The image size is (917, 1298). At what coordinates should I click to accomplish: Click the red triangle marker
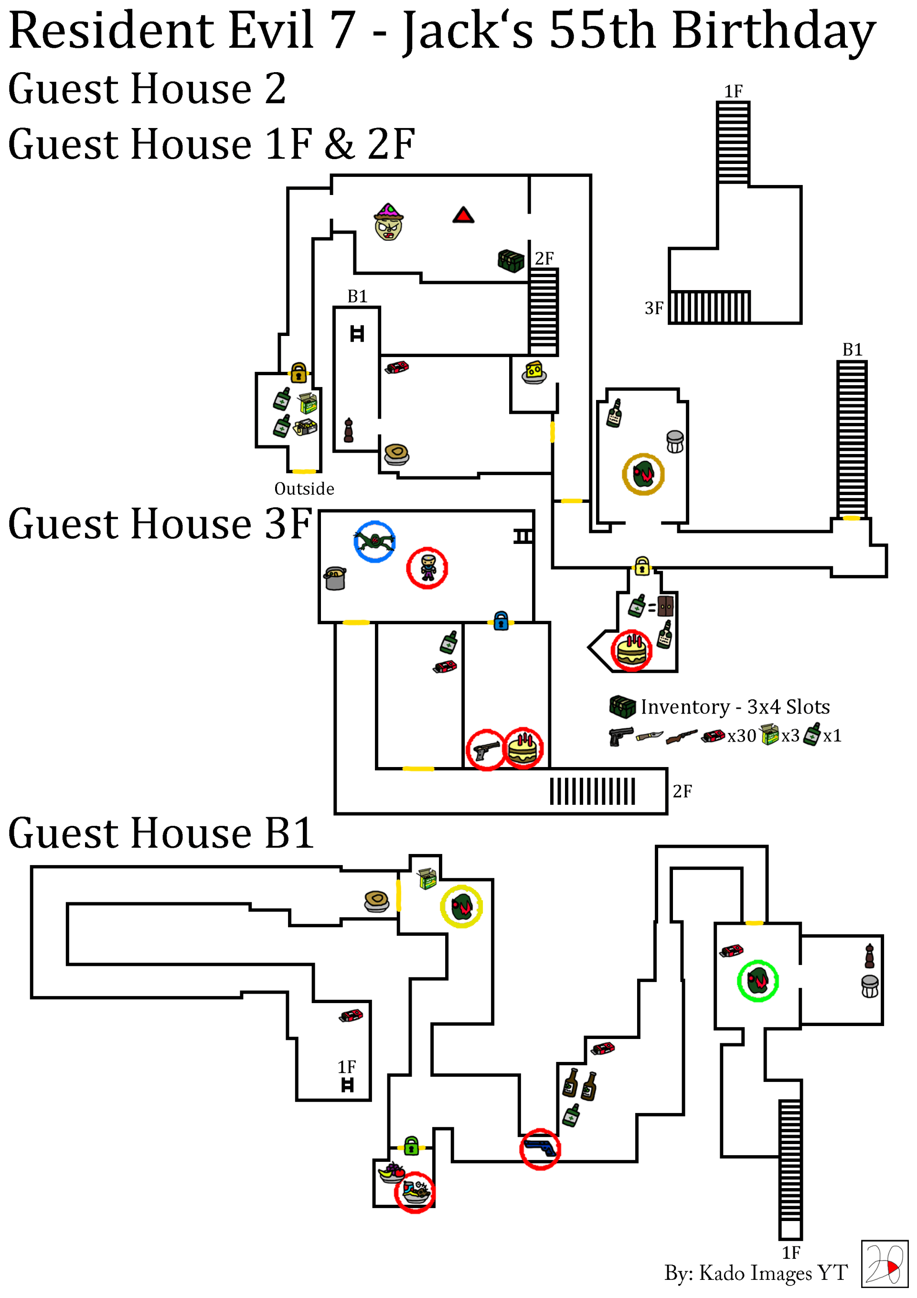pyautogui.click(x=463, y=216)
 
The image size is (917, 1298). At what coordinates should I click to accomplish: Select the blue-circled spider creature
pyautogui.click(x=374, y=541)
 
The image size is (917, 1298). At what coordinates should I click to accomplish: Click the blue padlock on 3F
pyautogui.click(x=501, y=621)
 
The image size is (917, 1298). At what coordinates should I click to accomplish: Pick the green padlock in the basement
pyautogui.click(x=411, y=1146)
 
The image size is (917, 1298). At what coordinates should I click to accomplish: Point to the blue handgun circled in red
pyautogui.click(x=540, y=1149)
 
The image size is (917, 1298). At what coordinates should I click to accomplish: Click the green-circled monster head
pyautogui.click(x=757, y=981)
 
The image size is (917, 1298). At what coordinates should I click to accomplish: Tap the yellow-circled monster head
pyautogui.click(x=461, y=906)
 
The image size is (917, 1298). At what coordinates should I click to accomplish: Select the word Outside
pyautogui.click(x=304, y=488)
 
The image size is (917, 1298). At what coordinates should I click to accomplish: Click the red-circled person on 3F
pyautogui.click(x=427, y=568)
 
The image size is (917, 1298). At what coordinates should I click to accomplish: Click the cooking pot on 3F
pyautogui.click(x=335, y=578)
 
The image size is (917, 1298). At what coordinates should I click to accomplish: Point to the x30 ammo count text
pyautogui.click(x=741, y=736)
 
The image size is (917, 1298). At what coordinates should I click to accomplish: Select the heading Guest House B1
pyautogui.click(x=161, y=833)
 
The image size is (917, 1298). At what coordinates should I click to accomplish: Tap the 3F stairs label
pyautogui.click(x=654, y=308)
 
